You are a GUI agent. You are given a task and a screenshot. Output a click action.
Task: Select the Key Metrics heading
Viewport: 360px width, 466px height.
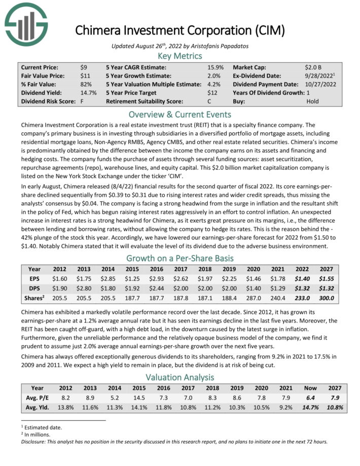pyautogui.click(x=180, y=56)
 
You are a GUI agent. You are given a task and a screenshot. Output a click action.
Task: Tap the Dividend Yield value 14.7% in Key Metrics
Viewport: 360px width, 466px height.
pyautogui.click(x=88, y=93)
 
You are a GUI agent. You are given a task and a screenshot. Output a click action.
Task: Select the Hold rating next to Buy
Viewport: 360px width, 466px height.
pyautogui.click(x=313, y=101)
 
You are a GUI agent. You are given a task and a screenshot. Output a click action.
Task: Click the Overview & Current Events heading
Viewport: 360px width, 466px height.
pyautogui.click(x=180, y=114)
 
